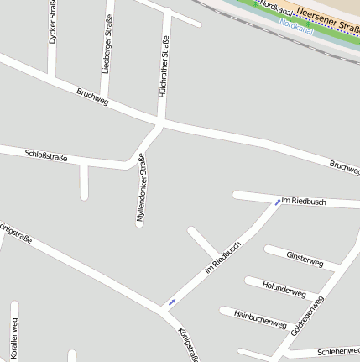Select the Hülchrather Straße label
(x=164, y=66)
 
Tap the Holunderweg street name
(x=284, y=288)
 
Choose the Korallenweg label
(x=14, y=339)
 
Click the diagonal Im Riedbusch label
(x=222, y=257)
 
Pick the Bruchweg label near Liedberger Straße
(x=92, y=97)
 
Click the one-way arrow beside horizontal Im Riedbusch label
(x=278, y=202)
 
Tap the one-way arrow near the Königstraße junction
(x=172, y=302)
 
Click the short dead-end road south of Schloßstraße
(x=84, y=182)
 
